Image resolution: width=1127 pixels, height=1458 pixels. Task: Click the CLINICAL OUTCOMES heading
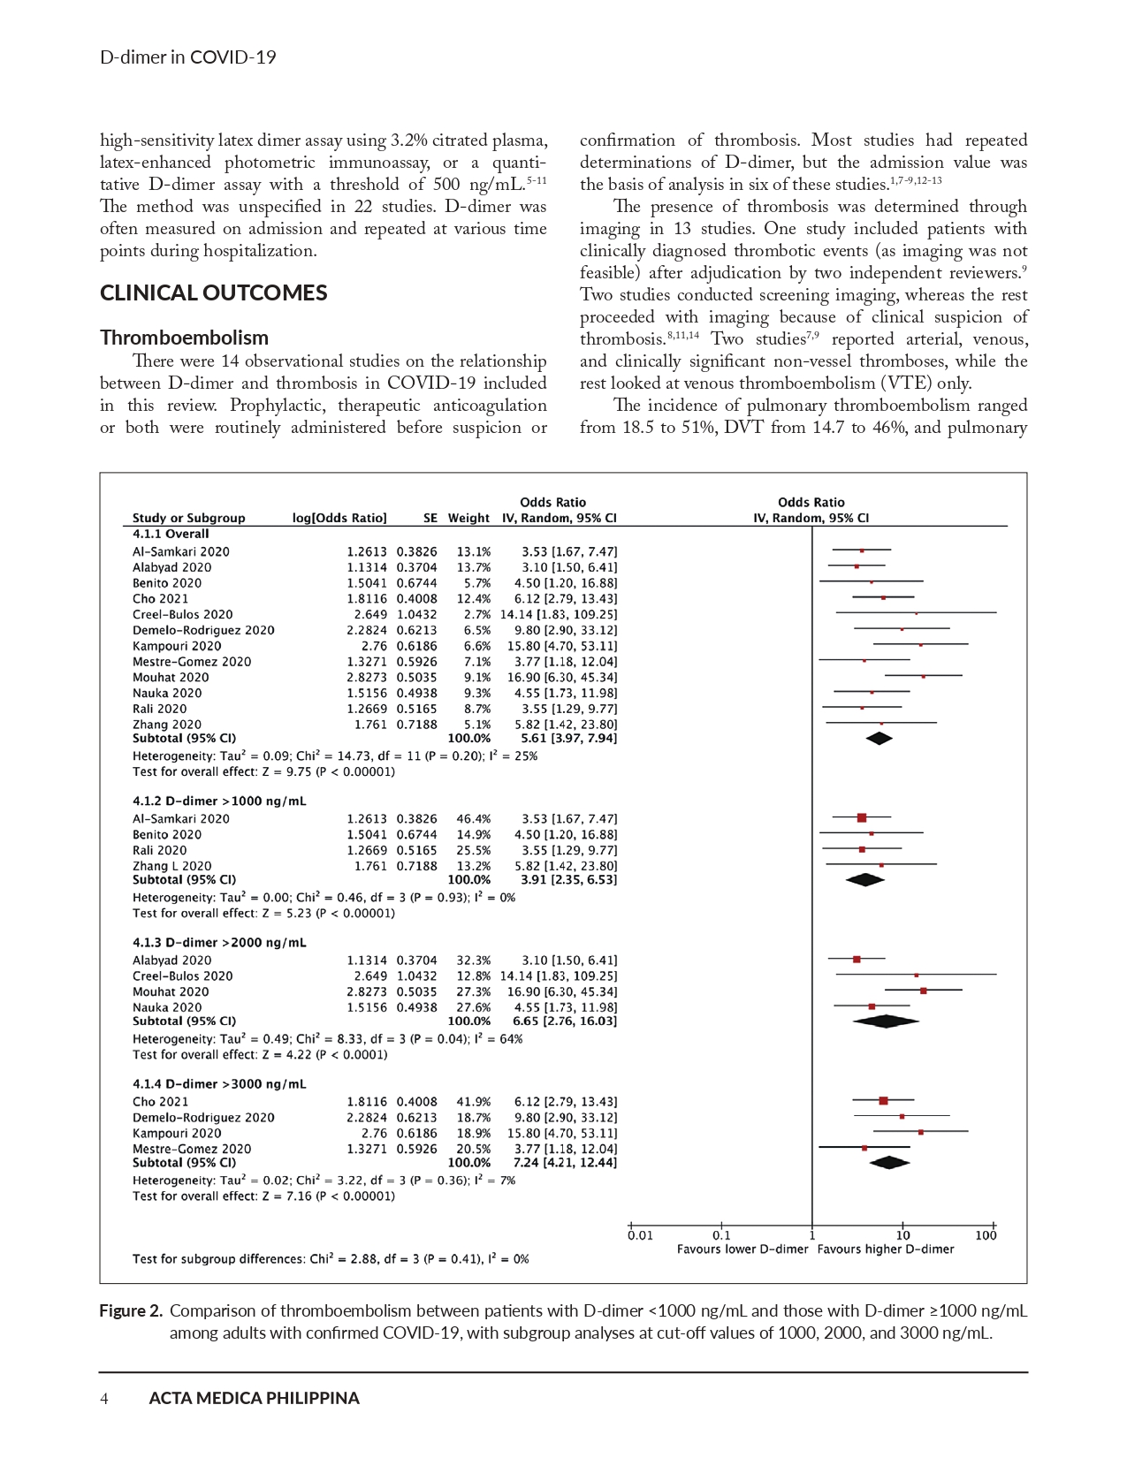pyautogui.click(x=213, y=293)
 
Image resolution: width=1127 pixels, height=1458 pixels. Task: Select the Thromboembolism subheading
pyautogui.click(x=184, y=338)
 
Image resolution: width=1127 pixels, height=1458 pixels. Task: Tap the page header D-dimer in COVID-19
pyautogui.click(x=187, y=57)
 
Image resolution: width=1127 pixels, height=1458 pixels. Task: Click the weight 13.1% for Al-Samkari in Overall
pyautogui.click(x=473, y=551)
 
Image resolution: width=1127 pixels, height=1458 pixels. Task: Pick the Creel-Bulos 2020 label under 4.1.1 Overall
pyautogui.click(x=182, y=614)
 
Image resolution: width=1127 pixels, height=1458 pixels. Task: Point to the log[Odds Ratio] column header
pyautogui.click(x=339, y=518)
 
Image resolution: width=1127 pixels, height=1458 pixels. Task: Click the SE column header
pyautogui.click(x=430, y=518)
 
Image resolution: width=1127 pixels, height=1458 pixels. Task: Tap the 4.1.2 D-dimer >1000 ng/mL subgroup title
pyautogui.click(x=219, y=801)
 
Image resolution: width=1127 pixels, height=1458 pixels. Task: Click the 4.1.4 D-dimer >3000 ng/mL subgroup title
pyautogui.click(x=219, y=1083)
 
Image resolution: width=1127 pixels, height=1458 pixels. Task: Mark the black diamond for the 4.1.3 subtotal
pyautogui.click(x=886, y=1021)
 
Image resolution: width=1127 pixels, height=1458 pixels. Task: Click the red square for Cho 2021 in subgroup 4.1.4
pyautogui.click(x=883, y=1101)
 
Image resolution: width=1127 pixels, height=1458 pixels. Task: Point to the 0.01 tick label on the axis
pyautogui.click(x=640, y=1235)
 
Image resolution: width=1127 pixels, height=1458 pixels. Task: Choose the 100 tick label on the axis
pyautogui.click(x=986, y=1235)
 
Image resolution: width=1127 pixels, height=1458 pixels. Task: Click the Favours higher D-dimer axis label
pyautogui.click(x=885, y=1249)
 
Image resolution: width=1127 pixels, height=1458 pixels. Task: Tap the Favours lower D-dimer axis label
pyautogui.click(x=742, y=1249)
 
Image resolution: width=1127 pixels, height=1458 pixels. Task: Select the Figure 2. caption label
pyautogui.click(x=131, y=1311)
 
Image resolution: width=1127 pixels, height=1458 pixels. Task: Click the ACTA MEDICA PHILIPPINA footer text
pyautogui.click(x=254, y=1398)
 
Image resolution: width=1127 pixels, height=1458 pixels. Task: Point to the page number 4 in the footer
pyautogui.click(x=104, y=1398)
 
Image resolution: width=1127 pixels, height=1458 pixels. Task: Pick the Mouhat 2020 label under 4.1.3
pyautogui.click(x=171, y=991)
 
